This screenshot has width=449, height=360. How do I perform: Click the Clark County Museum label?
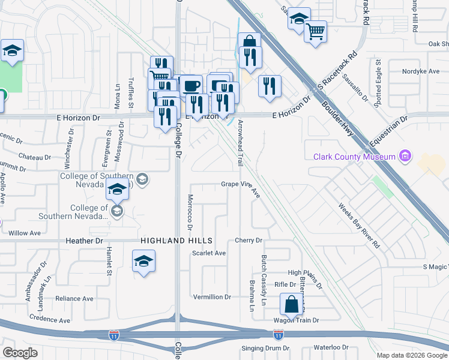click(354, 157)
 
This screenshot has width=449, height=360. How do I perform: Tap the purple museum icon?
click(405, 157)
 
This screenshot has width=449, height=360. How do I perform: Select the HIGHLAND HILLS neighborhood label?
click(169, 241)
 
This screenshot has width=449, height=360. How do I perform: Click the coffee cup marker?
click(191, 85)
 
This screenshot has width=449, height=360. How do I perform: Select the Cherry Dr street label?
click(249, 241)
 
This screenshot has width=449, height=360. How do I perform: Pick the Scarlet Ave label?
click(208, 253)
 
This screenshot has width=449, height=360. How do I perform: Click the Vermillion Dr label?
click(212, 297)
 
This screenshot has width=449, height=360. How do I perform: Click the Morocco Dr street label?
click(189, 212)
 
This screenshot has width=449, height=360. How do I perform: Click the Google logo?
click(20, 352)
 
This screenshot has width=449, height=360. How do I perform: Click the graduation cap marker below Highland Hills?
click(143, 262)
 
